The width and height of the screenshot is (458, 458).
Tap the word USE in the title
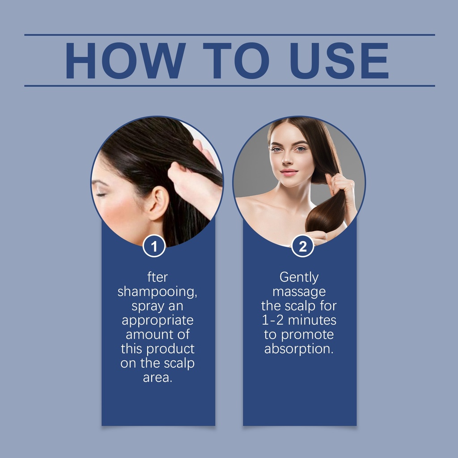click(x=339, y=60)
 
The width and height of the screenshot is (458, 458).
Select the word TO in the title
click(x=236, y=60)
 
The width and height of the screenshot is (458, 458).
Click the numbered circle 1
click(x=154, y=246)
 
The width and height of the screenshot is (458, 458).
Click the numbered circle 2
click(x=303, y=246)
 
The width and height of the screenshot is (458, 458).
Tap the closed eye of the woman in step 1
click(x=101, y=195)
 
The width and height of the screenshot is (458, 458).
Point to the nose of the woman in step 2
click(x=287, y=159)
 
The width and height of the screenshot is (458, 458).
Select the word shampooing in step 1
click(x=157, y=292)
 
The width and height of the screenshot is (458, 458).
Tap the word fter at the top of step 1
click(x=157, y=277)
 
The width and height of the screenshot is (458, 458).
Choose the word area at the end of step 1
click(x=157, y=377)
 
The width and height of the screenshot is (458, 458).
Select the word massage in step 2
click(x=299, y=292)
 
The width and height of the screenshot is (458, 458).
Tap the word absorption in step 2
click(x=299, y=349)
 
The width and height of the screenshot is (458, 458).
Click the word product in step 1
click(x=170, y=349)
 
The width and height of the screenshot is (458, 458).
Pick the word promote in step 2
click(x=307, y=335)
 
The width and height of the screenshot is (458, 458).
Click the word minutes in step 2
click(x=312, y=320)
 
